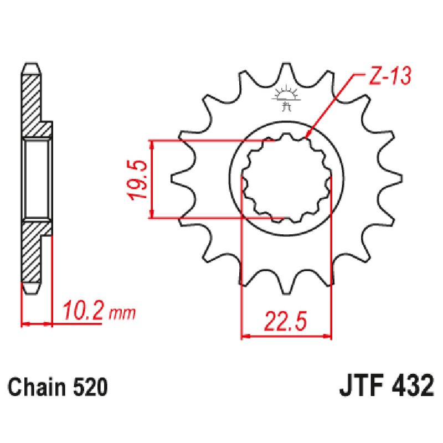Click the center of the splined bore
pyautogui.click(x=286, y=179)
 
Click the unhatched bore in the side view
pyautogui.click(x=38, y=179)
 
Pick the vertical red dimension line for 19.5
pyautogui.click(x=152, y=179)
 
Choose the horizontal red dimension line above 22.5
pyautogui.click(x=286, y=335)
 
